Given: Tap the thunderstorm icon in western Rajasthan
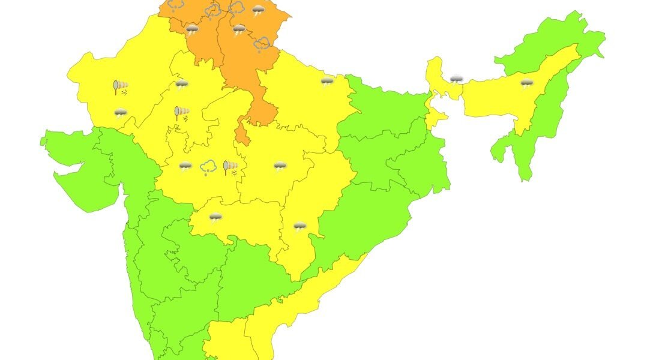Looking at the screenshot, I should click(x=121, y=112).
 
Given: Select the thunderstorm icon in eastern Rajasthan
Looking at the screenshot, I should click(x=181, y=85).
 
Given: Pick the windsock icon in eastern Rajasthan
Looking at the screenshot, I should click(x=181, y=112).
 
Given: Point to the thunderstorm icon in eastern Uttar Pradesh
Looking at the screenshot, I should click(x=327, y=82).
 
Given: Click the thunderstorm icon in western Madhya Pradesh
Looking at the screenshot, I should click(x=185, y=166).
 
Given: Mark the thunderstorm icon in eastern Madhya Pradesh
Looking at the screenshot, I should click(x=280, y=166).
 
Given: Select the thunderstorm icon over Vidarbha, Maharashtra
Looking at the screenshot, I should click(x=215, y=217).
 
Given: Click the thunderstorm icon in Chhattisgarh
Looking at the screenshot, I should click(x=299, y=226).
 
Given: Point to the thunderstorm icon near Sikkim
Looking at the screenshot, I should click(x=457, y=79).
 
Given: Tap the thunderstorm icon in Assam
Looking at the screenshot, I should click(x=527, y=83).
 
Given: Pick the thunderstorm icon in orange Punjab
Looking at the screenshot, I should click(x=192, y=29).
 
